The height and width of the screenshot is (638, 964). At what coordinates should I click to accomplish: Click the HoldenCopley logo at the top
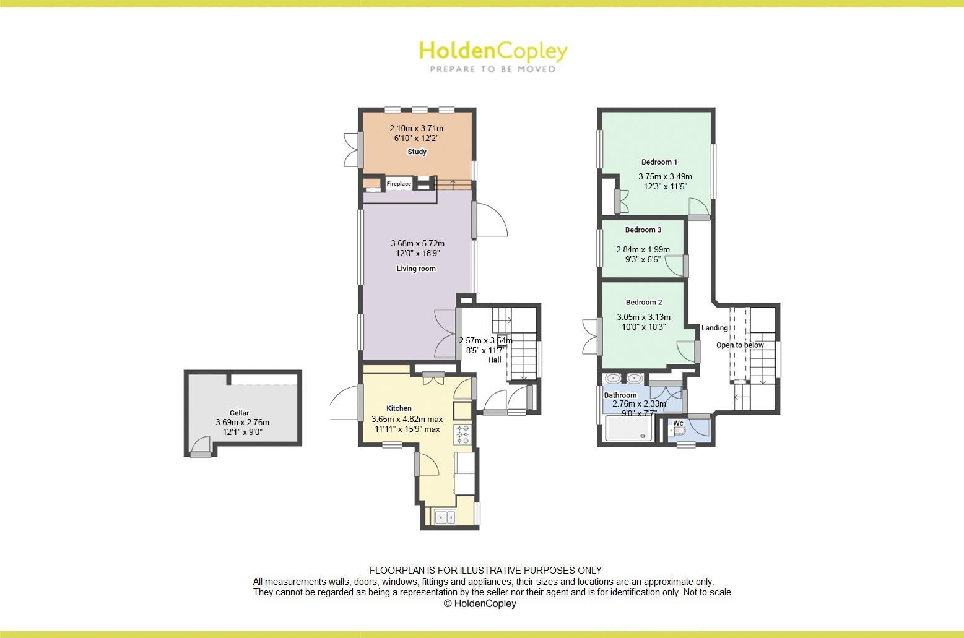pos(493,55)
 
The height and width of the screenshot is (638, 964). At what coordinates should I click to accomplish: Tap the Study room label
pos(417,152)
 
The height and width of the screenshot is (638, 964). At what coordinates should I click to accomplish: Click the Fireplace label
pos(399,184)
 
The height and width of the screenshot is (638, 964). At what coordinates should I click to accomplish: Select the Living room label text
pos(416,269)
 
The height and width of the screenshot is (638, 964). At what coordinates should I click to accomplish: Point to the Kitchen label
pos(399,408)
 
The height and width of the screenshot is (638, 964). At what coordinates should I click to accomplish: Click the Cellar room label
pos(239,413)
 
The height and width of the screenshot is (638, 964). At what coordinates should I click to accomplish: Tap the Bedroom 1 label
pos(659,162)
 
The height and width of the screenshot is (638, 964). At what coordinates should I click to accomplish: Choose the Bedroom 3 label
pos(643,230)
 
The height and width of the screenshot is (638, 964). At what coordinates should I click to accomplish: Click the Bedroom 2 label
pos(644,303)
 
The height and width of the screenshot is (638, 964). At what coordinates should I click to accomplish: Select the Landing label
pos(714,328)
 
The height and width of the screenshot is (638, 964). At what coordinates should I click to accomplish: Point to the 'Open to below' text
pos(740,345)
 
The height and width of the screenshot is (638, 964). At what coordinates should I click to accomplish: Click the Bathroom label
pos(620,395)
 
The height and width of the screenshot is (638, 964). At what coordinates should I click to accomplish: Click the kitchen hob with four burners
pos(462,434)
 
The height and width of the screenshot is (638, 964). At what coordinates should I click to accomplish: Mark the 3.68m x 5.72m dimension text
pos(417,243)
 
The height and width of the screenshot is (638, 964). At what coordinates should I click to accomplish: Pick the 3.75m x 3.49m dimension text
pos(665,176)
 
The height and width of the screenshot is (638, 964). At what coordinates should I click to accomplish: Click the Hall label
pos(495,360)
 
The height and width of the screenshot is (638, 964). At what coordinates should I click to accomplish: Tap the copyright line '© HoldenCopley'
pos(480,603)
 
